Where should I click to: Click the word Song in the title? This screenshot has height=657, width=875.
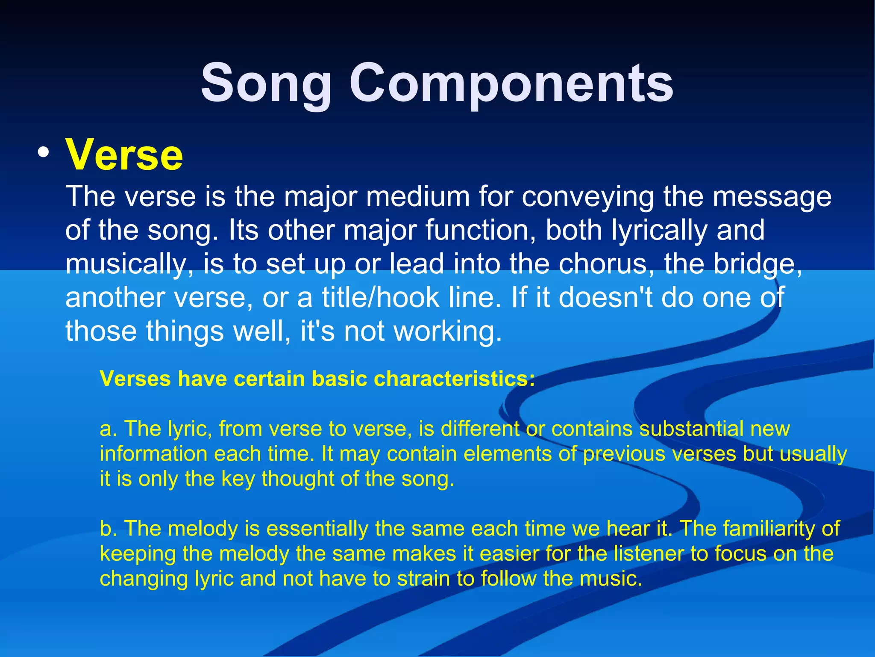266,83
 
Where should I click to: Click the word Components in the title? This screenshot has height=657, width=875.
511,83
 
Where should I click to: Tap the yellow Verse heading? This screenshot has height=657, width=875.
124,155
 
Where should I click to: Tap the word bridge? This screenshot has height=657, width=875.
758,263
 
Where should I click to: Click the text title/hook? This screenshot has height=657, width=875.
381,297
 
